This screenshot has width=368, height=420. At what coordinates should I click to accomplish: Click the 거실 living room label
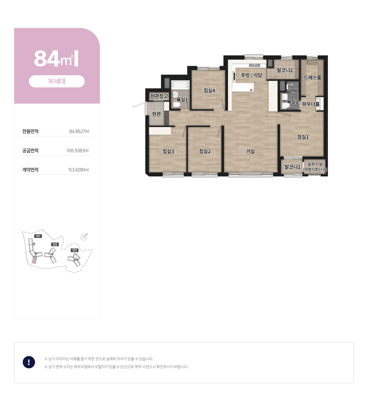pos(250,151)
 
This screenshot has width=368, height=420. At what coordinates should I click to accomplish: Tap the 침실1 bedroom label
pos(303,137)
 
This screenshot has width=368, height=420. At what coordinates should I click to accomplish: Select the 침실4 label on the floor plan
pos(209,90)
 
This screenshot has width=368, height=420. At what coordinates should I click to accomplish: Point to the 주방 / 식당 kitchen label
pos(251,75)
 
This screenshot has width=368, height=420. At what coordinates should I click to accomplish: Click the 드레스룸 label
pos(312,77)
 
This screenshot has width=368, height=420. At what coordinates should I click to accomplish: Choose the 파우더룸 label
pos(311,104)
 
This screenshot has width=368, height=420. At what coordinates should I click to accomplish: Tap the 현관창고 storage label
pos(159,96)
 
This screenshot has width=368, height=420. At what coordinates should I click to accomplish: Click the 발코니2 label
pos(284,70)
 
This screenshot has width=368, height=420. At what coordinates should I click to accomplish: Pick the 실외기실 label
pos(315,164)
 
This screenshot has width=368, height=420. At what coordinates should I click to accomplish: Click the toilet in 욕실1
pos(176,105)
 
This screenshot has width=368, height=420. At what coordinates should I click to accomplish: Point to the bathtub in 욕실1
pos(180,85)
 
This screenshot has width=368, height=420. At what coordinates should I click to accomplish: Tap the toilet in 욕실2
pos(285,106)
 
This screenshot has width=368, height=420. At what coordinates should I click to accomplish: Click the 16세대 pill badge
pos(57,81)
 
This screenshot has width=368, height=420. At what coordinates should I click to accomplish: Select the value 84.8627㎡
pos(79,132)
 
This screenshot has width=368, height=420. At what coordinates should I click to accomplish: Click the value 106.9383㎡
pos(78,150)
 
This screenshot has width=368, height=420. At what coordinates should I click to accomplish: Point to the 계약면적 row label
pos(30,170)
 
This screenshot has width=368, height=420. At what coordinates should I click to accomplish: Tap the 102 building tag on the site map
pos(55,244)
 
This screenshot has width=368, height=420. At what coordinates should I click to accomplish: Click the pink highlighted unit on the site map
pos(34,260)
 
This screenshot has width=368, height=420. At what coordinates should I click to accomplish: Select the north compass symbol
pos(84,237)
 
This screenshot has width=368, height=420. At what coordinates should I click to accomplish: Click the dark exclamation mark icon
pos(29,362)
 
